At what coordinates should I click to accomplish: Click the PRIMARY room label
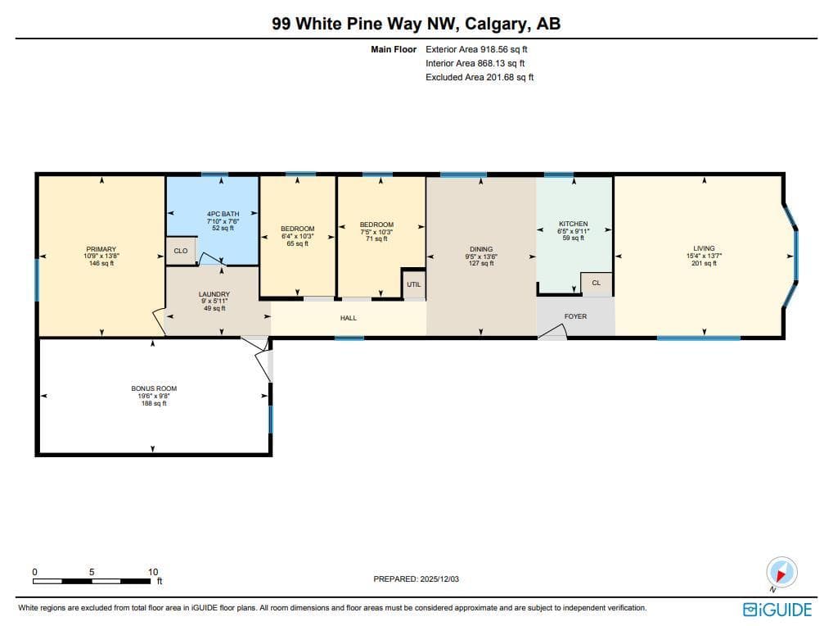[101, 249]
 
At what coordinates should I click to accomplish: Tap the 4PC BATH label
[223, 214]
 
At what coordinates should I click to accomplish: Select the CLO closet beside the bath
[181, 251]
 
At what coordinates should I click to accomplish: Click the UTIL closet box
[414, 284]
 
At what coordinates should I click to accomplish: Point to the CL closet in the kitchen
[596, 283]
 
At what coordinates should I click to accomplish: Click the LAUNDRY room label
[214, 294]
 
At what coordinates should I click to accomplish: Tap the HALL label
[349, 318]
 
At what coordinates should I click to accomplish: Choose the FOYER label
[575, 316]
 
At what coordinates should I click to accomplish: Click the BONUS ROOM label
[154, 388]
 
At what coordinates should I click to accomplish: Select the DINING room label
[481, 249]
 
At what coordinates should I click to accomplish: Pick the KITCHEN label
[574, 224]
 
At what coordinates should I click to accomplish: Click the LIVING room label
[704, 248]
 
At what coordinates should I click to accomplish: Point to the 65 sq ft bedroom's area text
[298, 243]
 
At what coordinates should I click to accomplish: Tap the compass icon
[781, 573]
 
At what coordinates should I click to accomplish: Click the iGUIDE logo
[777, 610]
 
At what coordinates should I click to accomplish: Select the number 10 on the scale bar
[153, 572]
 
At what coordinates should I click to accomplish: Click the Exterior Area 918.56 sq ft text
[476, 49]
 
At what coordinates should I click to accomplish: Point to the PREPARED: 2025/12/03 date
[416, 579]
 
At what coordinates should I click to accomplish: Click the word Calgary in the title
[496, 24]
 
